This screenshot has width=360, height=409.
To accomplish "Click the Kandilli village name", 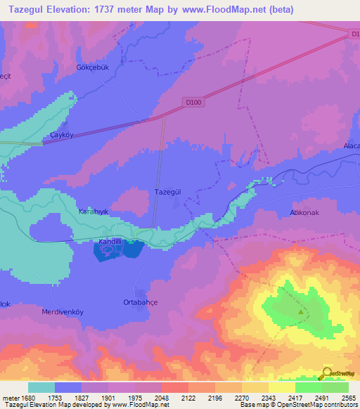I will coord(110,241).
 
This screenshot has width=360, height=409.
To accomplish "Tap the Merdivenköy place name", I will coord(63,311).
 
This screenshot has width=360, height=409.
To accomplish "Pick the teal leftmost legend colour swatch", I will coord(41,387).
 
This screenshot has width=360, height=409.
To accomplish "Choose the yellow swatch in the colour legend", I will coord(282,387).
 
